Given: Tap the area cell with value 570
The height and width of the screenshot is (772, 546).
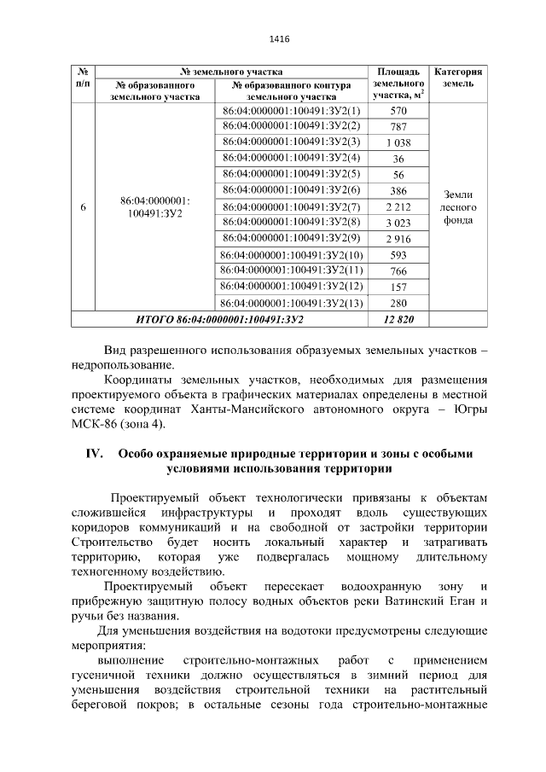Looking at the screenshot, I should click(x=398, y=112).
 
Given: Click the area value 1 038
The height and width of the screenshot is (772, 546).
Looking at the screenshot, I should click(x=398, y=142).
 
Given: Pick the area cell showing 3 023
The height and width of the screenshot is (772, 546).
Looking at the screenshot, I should click(x=398, y=223).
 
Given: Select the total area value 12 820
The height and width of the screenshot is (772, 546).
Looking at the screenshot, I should click(x=398, y=319).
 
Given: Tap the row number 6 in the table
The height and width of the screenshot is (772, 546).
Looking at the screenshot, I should click(x=82, y=207).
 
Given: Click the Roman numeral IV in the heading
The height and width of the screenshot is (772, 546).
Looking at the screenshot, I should click(x=94, y=454).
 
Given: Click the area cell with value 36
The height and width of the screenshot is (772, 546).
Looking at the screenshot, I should click(x=398, y=159).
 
